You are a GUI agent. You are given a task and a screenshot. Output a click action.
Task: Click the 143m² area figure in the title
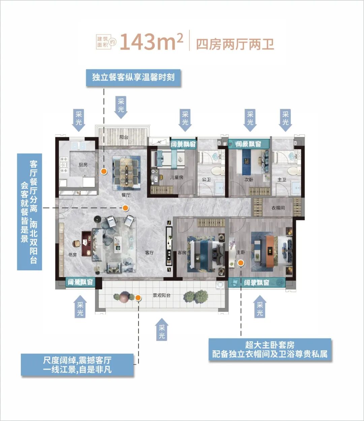coord(151,42)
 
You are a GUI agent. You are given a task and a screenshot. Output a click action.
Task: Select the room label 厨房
coord(83,165)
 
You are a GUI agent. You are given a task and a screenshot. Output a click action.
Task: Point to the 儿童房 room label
coord(177,177)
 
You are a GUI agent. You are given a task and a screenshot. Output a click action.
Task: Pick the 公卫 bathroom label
coord(206,180)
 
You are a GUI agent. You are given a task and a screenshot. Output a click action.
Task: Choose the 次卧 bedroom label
coord(249,180)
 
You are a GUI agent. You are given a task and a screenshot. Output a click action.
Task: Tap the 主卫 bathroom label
coord(282,180)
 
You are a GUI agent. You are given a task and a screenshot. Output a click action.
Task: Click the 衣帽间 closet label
coord(278,208)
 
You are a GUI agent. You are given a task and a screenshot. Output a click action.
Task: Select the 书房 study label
coord(72,255)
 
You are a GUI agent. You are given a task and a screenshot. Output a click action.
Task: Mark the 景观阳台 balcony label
coord(162,296)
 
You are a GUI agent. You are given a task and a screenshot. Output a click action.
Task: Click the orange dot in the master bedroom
coord(241,263)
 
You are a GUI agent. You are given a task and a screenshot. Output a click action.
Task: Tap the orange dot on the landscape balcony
coord(138,297)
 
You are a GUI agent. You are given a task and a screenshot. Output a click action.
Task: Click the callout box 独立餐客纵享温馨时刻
coord(133,77)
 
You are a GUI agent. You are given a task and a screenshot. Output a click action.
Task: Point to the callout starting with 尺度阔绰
coord(77,365)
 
